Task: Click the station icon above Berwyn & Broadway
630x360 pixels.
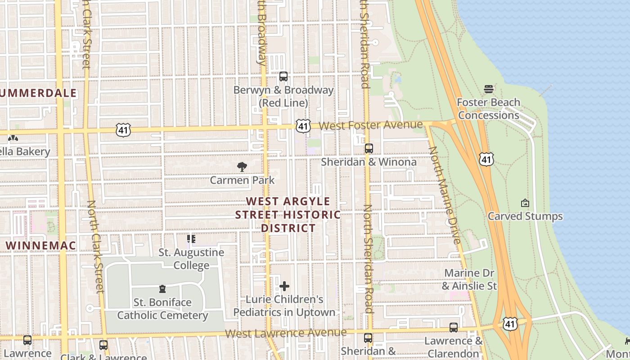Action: [283, 76]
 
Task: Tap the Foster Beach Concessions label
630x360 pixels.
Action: [488, 109]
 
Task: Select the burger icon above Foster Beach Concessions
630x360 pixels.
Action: [489, 89]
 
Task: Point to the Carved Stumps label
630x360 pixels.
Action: [525, 216]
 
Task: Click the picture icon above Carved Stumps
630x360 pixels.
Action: [525, 203]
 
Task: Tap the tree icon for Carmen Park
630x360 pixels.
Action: [242, 167]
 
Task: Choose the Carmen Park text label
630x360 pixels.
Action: [242, 180]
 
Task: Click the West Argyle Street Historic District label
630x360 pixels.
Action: [288, 215]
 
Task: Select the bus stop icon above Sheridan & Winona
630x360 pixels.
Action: [369, 148]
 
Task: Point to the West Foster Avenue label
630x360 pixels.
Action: [371, 125]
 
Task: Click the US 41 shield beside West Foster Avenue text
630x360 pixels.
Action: [303, 126]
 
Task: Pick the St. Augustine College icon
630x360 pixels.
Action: [191, 239]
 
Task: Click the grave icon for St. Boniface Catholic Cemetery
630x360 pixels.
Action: [162, 289]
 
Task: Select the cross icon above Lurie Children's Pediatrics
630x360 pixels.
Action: [284, 286]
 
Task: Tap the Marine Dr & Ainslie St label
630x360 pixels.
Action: [469, 279]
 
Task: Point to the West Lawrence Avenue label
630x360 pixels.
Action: [286, 333]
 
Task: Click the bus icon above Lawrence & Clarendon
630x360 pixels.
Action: [454, 328]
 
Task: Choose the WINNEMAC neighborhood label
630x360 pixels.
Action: [41, 246]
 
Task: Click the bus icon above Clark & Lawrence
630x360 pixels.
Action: [103, 345]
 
